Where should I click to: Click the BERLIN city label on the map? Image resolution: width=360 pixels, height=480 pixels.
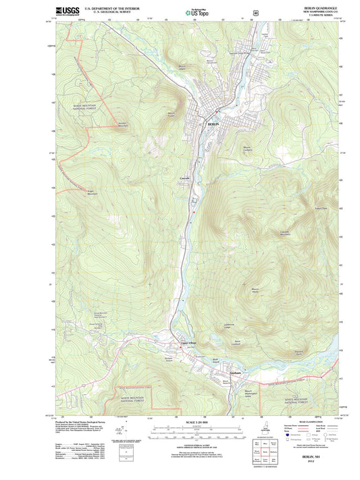click(x=213, y=124)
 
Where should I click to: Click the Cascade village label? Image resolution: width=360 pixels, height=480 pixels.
click(x=184, y=178)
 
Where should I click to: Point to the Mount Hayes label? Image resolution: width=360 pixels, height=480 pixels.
click(x=256, y=291)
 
